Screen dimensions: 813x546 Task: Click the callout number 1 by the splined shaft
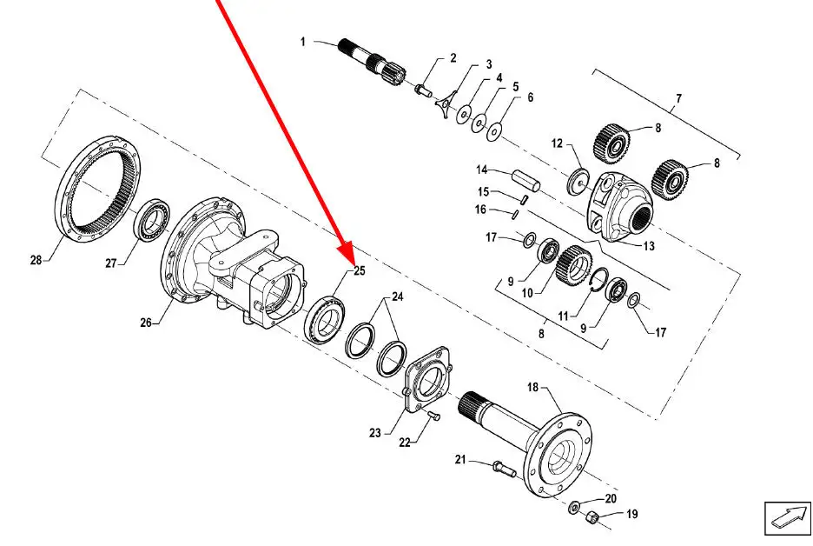303,42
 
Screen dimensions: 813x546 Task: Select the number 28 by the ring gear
36,259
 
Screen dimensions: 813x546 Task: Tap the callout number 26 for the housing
146,323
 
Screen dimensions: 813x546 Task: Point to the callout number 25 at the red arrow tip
360,270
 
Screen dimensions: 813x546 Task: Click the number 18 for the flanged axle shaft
533,387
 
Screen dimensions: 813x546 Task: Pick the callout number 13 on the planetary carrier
649,246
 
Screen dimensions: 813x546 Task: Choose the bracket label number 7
678,98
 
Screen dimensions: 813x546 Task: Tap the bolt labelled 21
505,469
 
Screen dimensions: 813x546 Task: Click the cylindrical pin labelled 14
526,181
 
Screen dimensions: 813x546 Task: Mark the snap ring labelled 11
600,283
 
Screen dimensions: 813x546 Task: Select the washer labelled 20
574,506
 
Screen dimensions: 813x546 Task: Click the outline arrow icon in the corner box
788,517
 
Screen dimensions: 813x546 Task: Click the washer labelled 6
495,132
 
